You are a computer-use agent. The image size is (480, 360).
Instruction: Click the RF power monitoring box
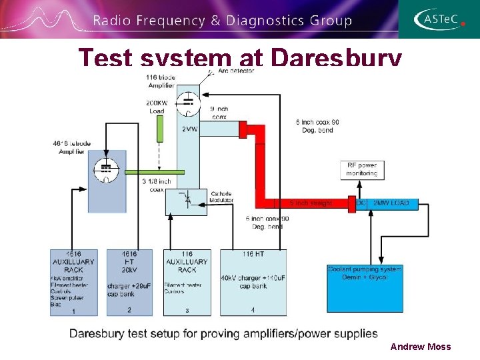(x=361, y=169)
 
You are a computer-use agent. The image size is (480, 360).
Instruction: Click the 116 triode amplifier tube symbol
(x=189, y=101)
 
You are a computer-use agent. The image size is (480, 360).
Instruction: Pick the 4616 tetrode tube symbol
(x=105, y=170)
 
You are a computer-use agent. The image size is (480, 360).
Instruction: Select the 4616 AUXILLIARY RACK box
(x=73, y=282)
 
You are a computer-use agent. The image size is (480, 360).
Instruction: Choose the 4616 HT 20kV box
(x=129, y=282)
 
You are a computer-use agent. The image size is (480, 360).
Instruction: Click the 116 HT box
(x=253, y=282)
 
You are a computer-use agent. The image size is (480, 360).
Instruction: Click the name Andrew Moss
(x=420, y=347)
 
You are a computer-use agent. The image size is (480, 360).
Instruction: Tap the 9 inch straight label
(x=310, y=203)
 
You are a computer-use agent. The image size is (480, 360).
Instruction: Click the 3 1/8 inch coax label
(x=156, y=185)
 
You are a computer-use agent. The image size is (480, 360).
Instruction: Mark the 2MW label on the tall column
(x=189, y=129)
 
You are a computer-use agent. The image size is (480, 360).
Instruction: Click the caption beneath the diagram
(x=223, y=333)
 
